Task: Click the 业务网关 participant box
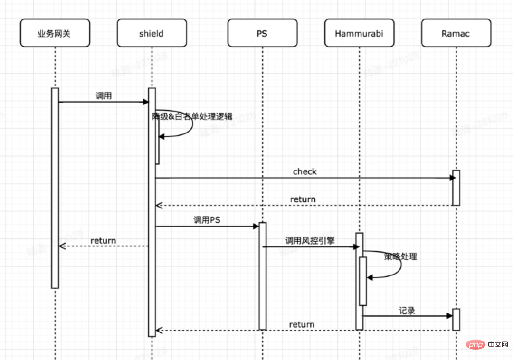(x=55, y=33)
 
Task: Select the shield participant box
(x=152, y=33)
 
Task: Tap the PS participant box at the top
(x=262, y=33)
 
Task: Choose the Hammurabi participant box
(x=360, y=33)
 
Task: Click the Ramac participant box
(x=456, y=33)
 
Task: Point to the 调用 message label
(x=104, y=96)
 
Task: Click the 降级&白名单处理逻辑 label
(x=192, y=117)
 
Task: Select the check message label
(x=304, y=171)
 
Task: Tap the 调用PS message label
(x=207, y=220)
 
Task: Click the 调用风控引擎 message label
(x=310, y=240)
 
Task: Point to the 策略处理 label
(x=400, y=256)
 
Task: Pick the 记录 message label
(x=407, y=311)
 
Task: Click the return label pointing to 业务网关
(x=103, y=241)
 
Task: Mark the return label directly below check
(x=303, y=199)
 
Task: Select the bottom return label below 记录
(x=302, y=324)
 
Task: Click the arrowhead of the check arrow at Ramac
(x=452, y=178)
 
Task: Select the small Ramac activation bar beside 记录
(x=456, y=319)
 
